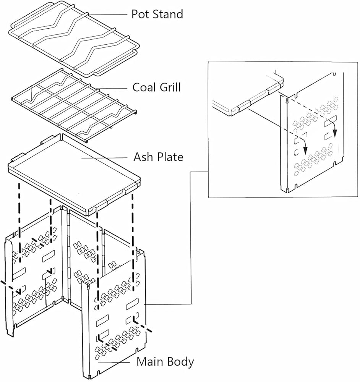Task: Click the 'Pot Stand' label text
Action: click(x=157, y=15)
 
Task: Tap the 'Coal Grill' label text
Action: click(x=156, y=87)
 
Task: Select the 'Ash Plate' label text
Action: click(x=158, y=157)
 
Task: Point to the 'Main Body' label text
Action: click(x=165, y=362)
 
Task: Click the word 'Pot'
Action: click(x=140, y=15)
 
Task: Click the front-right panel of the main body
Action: click(x=115, y=317)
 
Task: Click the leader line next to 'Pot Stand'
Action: click(x=109, y=15)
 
